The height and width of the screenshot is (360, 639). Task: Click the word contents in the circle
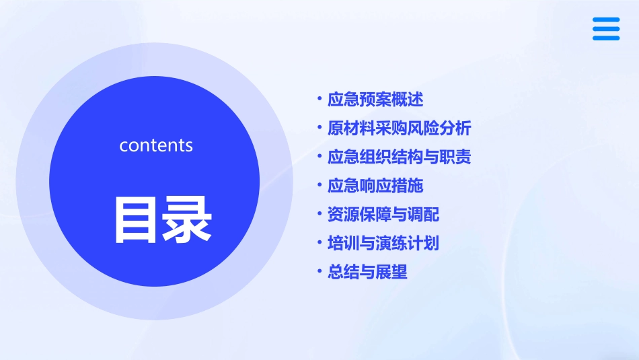155,145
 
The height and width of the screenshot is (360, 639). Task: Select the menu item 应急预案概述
375,100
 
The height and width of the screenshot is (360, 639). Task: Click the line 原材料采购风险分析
399,129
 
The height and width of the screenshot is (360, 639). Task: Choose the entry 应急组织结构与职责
399,157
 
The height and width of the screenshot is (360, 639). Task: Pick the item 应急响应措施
375,186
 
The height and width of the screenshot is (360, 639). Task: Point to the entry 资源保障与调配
383,215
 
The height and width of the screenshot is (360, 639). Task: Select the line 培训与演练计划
383,243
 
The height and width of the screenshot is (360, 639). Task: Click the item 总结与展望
367,272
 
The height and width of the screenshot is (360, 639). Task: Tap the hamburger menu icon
606,29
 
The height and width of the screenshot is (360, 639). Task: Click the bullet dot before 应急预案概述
319,100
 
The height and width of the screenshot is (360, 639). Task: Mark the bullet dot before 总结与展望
319,272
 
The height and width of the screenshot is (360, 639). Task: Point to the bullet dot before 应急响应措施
319,186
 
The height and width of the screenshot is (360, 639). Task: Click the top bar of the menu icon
606,20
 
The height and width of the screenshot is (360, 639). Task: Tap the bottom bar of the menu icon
606,38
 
